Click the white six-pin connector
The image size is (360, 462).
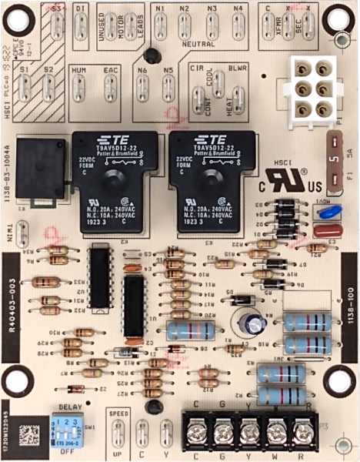pos(312,88)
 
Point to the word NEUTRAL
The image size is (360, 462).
pos(198,44)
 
